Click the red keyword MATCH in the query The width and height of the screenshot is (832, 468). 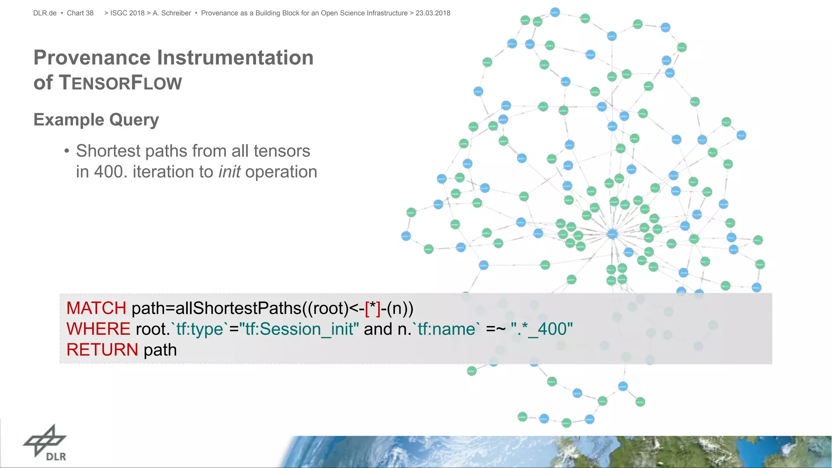tap(96, 308)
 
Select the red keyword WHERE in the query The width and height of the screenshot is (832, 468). tap(98, 329)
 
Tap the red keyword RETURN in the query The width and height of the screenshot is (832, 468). tap(102, 350)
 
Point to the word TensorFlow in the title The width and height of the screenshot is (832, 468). tap(121, 82)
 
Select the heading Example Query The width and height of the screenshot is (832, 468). tap(96, 120)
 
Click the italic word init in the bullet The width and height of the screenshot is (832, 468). tap(230, 172)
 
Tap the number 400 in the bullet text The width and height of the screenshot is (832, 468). tap(108, 172)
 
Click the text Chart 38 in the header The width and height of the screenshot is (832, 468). tap(80, 13)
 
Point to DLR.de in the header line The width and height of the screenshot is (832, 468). tap(45, 13)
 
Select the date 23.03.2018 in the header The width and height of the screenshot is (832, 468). tap(433, 13)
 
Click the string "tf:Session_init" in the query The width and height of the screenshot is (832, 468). tap(299, 329)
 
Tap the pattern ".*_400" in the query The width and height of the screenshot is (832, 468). tap(542, 329)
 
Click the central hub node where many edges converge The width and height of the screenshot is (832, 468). tap(612, 234)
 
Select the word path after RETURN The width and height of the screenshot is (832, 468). tap(160, 350)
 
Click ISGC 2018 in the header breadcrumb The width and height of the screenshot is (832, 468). tap(127, 13)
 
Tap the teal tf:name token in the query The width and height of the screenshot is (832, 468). tap(446, 329)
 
